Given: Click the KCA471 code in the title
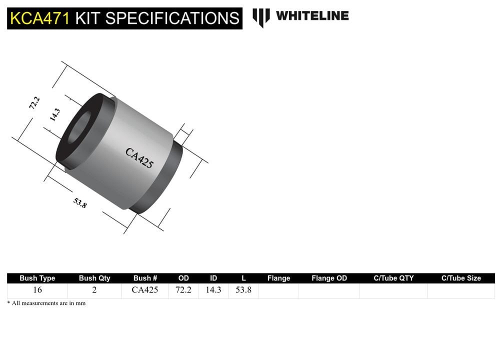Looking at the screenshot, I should tap(40, 18).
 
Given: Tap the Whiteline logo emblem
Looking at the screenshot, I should tap(260, 17).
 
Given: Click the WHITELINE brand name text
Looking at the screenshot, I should tap(312, 15).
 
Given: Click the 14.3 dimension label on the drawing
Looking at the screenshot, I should tap(54, 115).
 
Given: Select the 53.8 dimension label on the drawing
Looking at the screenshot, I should tap(80, 202).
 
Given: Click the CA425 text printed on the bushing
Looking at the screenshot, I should tap(139, 158).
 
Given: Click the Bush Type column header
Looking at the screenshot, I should tap(37, 278).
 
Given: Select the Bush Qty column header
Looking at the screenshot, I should tap(94, 278).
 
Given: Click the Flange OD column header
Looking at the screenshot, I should tap(329, 278).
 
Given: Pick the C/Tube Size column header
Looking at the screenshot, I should tap(461, 278).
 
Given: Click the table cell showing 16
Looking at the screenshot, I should tap(37, 290).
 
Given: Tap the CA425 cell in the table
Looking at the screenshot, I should tap(145, 290).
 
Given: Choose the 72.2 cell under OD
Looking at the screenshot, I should tap(183, 290).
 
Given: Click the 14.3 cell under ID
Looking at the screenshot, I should tap(213, 290).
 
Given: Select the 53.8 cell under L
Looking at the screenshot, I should tap(243, 290).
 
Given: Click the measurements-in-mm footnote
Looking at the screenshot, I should tap(46, 303).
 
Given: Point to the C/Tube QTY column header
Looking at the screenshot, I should tap(393, 278).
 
